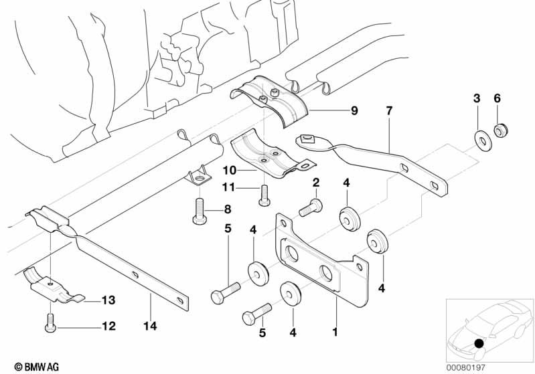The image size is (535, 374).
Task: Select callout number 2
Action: [x=315, y=183]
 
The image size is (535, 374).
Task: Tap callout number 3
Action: [x=477, y=98]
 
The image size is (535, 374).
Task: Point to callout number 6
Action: [x=497, y=98]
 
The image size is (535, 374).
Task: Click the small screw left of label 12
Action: [x=50, y=322]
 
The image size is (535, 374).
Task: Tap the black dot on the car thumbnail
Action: [x=479, y=344]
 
